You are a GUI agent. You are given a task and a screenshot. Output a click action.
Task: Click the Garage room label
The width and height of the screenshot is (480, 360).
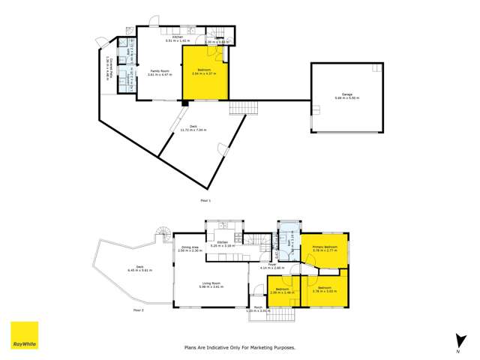(340, 96)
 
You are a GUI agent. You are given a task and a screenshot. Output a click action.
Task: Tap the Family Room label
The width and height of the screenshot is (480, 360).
(159, 73)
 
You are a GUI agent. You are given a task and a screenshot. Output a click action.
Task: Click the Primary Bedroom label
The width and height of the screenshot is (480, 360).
(325, 249)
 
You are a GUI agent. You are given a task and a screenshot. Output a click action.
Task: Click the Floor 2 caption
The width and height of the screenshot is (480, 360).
(138, 308)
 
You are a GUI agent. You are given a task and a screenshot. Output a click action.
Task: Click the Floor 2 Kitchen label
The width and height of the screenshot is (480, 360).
(223, 244)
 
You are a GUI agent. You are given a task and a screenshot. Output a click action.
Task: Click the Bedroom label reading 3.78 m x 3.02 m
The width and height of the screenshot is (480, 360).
(324, 289)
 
